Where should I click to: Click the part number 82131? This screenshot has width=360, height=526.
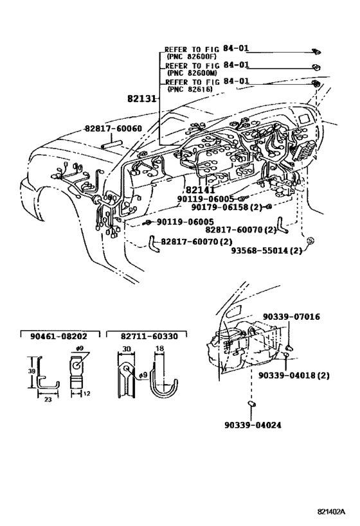tap(142, 99)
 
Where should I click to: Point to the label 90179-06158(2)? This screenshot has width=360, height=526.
tap(227, 207)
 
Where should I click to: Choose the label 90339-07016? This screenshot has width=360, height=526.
tap(291, 317)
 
